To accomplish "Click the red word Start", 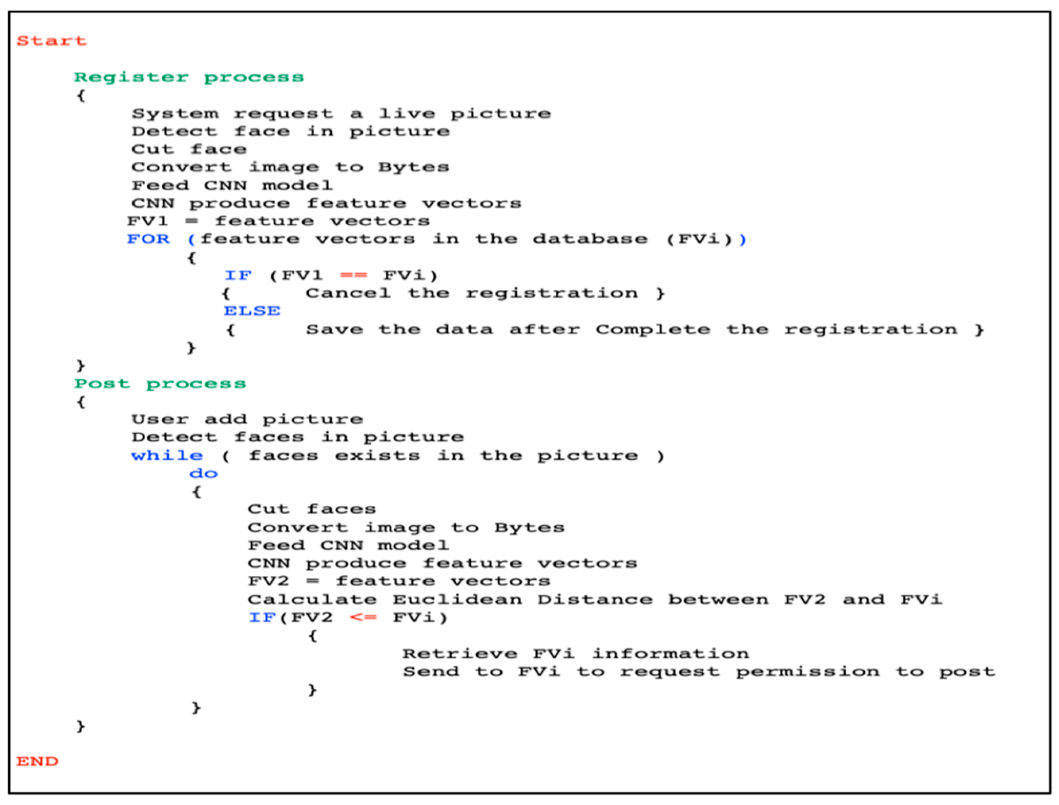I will coord(52,41).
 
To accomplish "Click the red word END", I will coord(37,761).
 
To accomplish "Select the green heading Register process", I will coord(189,77).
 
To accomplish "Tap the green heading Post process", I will coord(160,384).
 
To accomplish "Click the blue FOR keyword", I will coord(149,239).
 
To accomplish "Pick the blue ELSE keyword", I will coord(252,312).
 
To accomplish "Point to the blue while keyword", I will coord(167,456).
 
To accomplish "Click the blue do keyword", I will coord(203,474).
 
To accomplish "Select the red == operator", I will coord(354,275).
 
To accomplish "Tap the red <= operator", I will coord(363,617).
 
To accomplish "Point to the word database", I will coord(590,239).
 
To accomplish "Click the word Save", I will coord(334,330).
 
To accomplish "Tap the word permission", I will coord(808,672).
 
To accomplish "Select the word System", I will coord(175,114).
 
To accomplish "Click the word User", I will coord(160,420).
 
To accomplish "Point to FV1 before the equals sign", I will coord(147,221).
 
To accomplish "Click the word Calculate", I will coord(312,600).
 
